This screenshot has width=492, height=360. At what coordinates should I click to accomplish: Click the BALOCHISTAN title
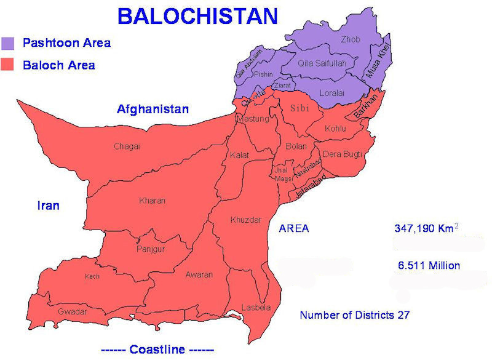197,16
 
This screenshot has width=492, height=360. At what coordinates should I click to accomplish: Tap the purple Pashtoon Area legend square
8,43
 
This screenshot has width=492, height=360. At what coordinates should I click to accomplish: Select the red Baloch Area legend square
8,65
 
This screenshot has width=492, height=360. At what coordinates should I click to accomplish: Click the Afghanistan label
153,110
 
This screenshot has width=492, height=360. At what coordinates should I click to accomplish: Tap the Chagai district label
127,146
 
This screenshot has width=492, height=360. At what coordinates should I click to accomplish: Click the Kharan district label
153,201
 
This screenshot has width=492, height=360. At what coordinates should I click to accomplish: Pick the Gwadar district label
72,312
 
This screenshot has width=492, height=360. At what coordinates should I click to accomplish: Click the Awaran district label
199,274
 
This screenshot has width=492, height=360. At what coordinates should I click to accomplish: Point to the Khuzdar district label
245,220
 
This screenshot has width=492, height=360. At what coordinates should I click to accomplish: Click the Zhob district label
351,40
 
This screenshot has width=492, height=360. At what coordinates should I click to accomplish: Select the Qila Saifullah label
322,63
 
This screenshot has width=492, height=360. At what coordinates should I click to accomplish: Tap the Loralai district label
333,93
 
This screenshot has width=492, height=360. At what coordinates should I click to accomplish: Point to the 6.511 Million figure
429,266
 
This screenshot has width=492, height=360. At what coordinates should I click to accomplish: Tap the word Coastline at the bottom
157,350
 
